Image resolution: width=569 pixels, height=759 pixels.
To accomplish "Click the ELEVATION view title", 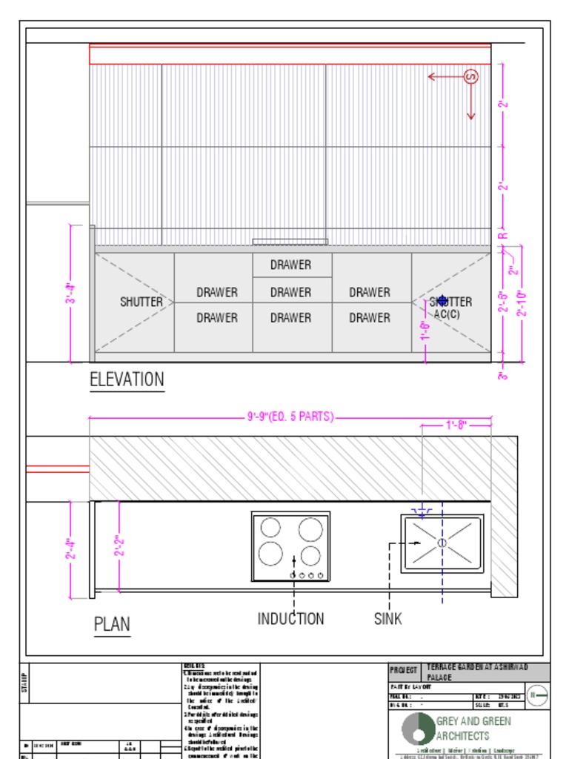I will point(127,379).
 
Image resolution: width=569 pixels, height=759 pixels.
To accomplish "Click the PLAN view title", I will point(112,624).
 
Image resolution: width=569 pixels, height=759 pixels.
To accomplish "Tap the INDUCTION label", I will point(290,618).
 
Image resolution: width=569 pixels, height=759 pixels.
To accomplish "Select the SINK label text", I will point(387,618).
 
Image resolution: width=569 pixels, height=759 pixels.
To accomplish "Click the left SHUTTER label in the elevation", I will point(141,302).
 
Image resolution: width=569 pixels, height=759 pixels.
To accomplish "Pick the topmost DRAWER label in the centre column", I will point(290,265).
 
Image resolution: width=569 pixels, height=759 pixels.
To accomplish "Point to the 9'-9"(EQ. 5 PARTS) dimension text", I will point(290,417).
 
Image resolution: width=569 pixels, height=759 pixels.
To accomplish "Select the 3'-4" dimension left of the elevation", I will point(71,294).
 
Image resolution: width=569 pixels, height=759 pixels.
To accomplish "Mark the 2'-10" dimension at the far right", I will point(522,304).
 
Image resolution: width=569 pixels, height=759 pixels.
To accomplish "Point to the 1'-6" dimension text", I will point(426,331).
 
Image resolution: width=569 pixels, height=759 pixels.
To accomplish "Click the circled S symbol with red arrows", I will point(470,76).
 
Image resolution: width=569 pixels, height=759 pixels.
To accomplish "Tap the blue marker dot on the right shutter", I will point(443,301).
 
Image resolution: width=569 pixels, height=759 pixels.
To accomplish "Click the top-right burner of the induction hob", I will point(310,529).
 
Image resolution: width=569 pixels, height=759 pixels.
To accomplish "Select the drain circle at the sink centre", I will point(442,543).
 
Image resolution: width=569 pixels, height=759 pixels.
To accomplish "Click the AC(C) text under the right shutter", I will point(447,314).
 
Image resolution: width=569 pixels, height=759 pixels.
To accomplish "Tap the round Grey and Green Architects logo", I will point(418,729).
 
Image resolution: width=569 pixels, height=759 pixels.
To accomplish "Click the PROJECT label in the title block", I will point(404,669).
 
